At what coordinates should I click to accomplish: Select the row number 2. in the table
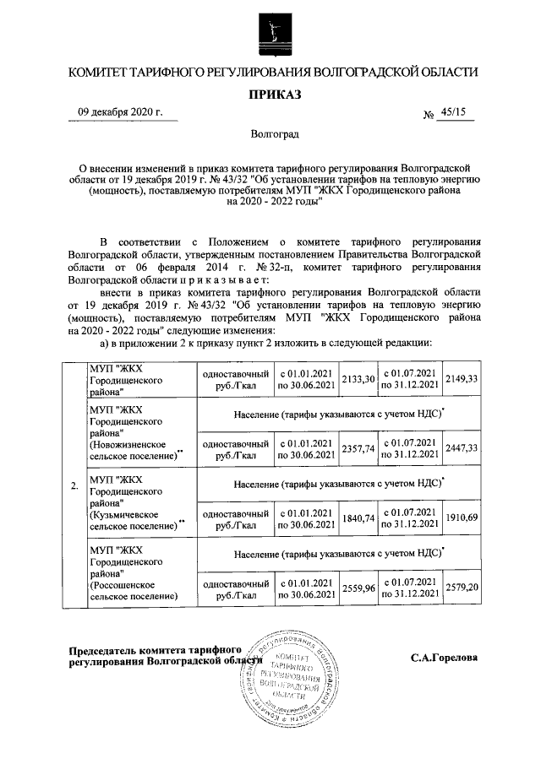[75, 485]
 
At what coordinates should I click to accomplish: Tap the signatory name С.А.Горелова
[444, 657]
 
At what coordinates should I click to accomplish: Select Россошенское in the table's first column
[125, 584]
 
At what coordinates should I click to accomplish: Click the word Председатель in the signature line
[105, 649]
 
